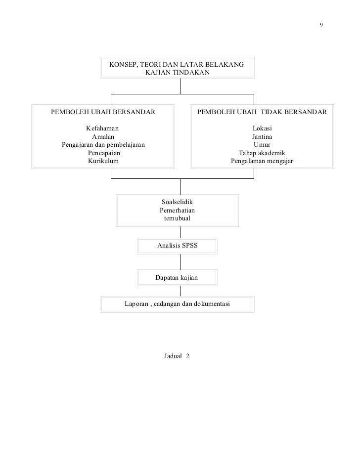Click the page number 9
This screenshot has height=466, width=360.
point(321,25)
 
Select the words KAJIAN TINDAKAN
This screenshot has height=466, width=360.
point(177,73)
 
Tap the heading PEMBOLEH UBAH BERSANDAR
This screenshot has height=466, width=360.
point(103,112)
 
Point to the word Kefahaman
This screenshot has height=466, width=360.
point(103,128)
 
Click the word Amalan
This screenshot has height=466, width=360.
point(103,136)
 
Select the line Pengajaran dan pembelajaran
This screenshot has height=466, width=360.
point(103,145)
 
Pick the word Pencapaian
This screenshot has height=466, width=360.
point(103,153)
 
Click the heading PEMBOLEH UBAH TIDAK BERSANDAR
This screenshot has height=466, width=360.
point(262,112)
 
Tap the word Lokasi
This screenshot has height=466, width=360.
point(262,128)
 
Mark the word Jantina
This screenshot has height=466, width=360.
point(262,136)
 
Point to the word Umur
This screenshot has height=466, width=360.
point(262,145)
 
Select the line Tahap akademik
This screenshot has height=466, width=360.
point(262,153)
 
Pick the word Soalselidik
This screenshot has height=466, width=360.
point(177,202)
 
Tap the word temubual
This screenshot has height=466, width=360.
point(177,218)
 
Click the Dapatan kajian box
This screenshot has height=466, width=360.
point(177,278)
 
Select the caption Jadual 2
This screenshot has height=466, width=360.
point(177,356)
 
